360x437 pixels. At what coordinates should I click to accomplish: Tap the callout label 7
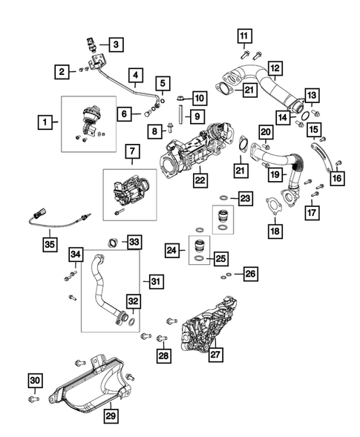(131, 154)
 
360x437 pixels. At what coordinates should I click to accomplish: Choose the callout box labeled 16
(337, 177)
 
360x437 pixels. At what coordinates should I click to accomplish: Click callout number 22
(200, 180)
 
